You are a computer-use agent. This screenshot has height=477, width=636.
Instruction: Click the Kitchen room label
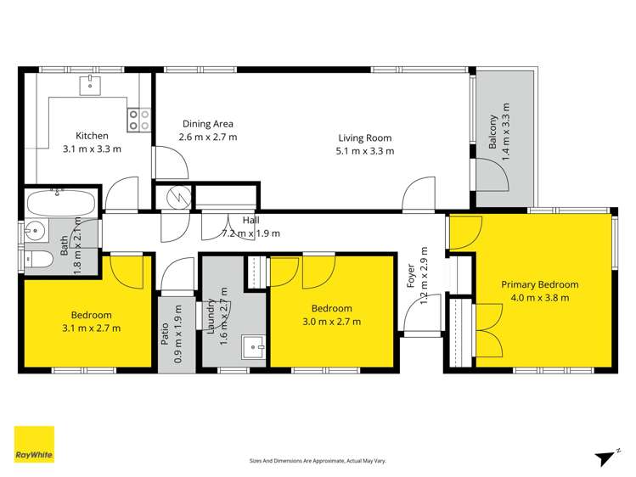[93, 136]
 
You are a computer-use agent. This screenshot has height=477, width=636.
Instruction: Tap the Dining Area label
[206, 124]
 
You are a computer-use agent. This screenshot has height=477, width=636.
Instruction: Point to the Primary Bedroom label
[539, 285]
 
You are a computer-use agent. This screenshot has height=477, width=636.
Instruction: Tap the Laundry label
[213, 317]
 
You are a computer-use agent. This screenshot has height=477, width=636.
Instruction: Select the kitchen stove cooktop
[139, 120]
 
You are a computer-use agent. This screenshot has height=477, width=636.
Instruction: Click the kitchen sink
[90, 83]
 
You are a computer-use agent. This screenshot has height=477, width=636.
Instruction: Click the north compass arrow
[605, 457]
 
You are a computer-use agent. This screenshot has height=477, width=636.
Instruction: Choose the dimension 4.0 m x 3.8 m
[539, 298]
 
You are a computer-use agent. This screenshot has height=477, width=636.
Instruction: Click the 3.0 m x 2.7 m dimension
[332, 322]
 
